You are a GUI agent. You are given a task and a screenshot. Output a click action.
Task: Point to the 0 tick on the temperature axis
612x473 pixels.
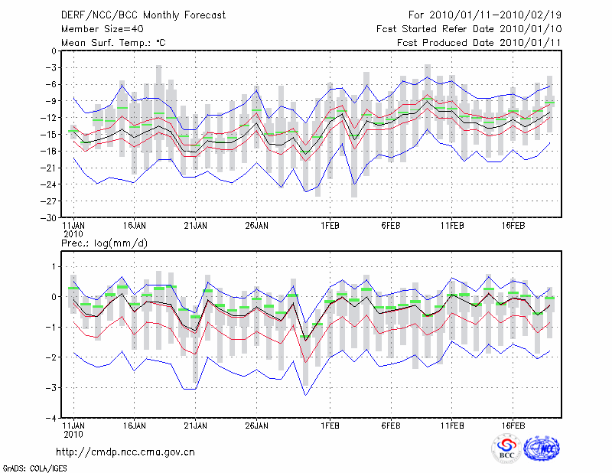[53, 51]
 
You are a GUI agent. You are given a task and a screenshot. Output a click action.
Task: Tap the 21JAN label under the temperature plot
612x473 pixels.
[195, 226]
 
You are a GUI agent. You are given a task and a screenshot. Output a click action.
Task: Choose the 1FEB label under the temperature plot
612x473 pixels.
[330, 226]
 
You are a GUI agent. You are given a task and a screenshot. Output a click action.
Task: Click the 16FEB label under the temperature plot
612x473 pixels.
[513, 226]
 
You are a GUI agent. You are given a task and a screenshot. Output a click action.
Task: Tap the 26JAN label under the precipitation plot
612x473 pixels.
[257, 425]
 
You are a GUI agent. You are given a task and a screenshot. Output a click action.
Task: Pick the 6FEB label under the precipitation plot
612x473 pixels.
[391, 425]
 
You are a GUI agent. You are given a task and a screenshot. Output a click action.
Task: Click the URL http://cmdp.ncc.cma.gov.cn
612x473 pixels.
[125, 452]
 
